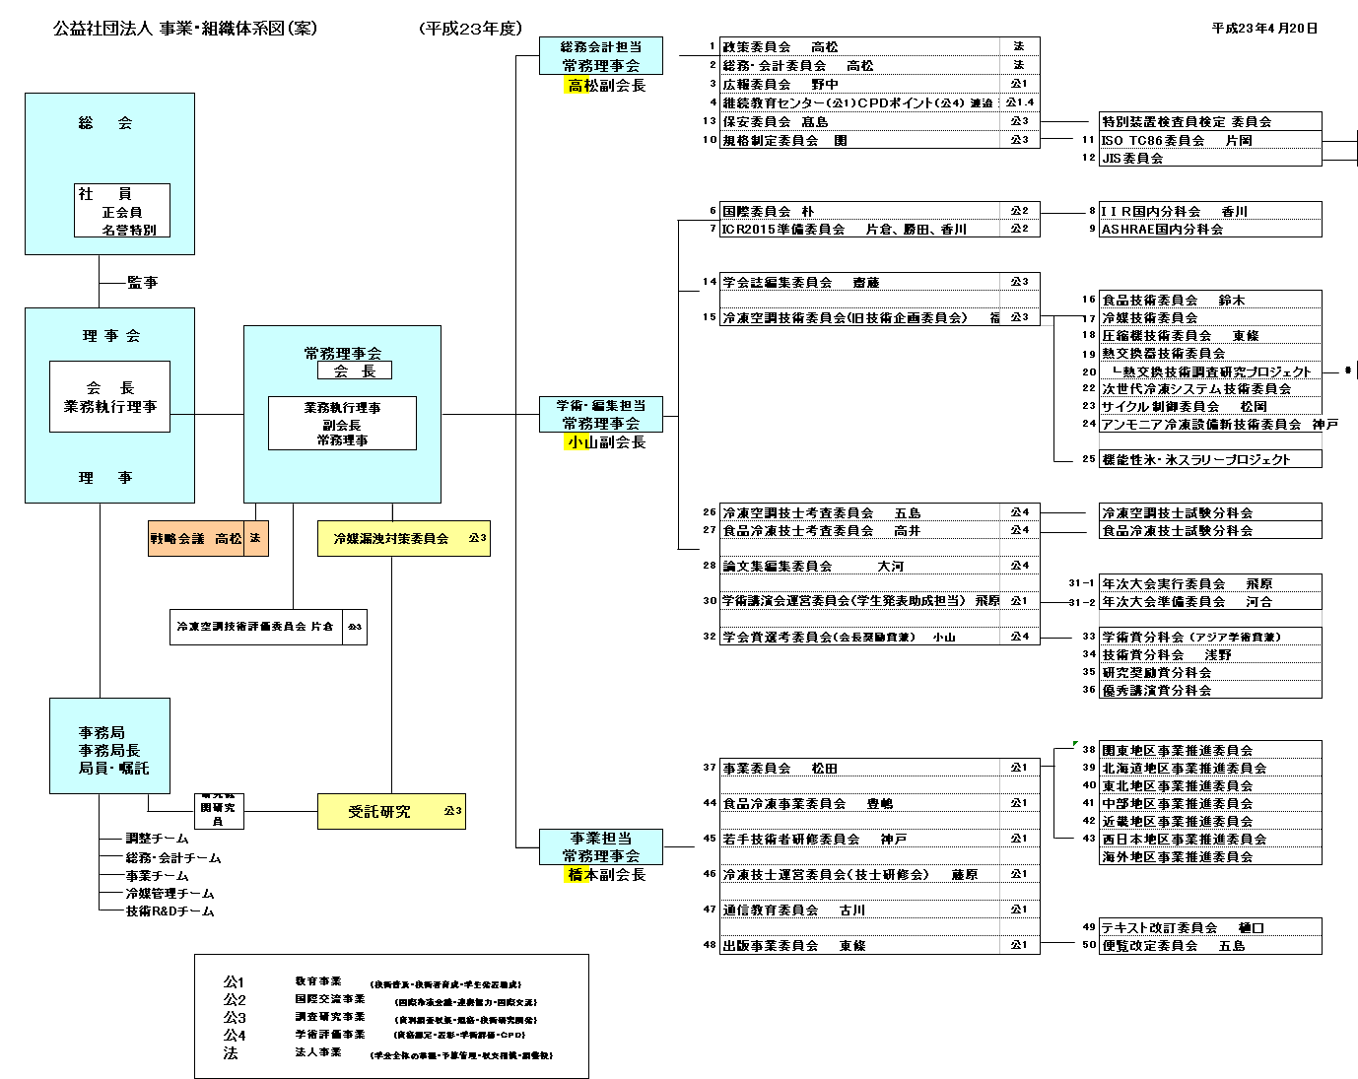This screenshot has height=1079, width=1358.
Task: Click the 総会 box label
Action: pos(105,123)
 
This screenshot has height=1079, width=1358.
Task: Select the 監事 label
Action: pos(142,283)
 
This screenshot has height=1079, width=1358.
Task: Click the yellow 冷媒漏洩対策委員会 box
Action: pos(403,539)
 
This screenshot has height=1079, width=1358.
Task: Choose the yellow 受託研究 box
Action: pos(390,812)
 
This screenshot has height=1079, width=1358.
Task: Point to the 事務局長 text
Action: pos(109,750)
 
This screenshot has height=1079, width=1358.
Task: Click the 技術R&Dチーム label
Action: pos(170,911)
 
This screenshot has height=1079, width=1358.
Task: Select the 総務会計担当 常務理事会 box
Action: pos(601,55)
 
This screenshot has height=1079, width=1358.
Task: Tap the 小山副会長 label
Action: pos(605,442)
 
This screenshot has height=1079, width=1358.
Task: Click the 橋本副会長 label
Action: pos(605,875)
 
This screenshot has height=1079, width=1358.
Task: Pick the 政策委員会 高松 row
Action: pos(781,46)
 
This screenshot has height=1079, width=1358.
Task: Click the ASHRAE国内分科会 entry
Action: pos(1162,229)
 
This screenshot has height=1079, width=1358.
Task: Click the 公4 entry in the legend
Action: pos(234,1036)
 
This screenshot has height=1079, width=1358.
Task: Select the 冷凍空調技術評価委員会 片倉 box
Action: pos(255,627)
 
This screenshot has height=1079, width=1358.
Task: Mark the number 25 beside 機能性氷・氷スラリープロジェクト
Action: pos(1088,459)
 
